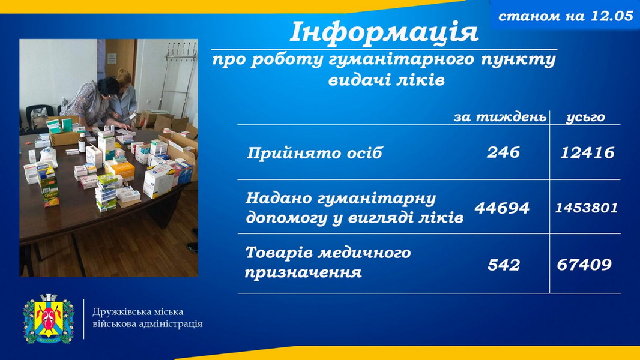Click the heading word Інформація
pyautogui.click(x=384, y=32)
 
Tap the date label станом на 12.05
pyautogui.click(x=566, y=16)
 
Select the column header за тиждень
pyautogui.click(x=500, y=117)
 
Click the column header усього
pyautogui.click(x=585, y=117)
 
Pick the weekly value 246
pyautogui.click(x=503, y=152)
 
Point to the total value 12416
pyautogui.click(x=587, y=153)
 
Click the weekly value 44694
pyautogui.click(x=502, y=208)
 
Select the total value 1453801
pyautogui.click(x=587, y=208)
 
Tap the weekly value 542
pyautogui.click(x=504, y=265)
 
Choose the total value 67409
pyautogui.click(x=584, y=265)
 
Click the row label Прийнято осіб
pyautogui.click(x=314, y=153)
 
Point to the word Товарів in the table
pyautogui.click(x=277, y=253)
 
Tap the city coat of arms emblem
pyautogui.click(x=49, y=319)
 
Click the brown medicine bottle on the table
pyautogui.click(x=82, y=143)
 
